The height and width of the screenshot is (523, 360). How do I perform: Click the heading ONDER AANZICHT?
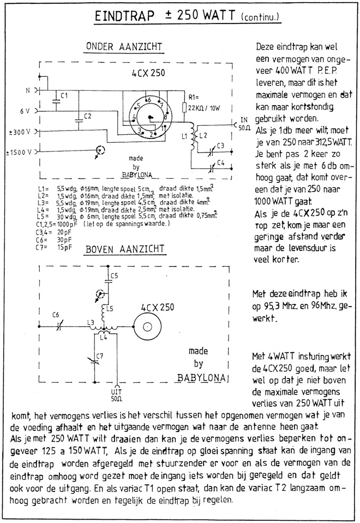click(124, 47)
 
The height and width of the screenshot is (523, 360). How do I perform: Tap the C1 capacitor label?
click(64, 95)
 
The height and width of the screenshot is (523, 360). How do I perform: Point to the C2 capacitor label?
click(87, 117)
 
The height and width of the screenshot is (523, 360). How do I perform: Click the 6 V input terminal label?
click(25, 111)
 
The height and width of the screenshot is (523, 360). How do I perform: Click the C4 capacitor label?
click(220, 163)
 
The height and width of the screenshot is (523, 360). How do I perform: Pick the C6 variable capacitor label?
click(56, 315)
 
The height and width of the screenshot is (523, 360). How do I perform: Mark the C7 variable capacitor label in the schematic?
click(99, 356)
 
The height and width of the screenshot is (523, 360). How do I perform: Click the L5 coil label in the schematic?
click(110, 309)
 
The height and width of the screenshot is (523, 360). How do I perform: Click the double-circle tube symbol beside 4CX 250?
click(148, 326)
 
